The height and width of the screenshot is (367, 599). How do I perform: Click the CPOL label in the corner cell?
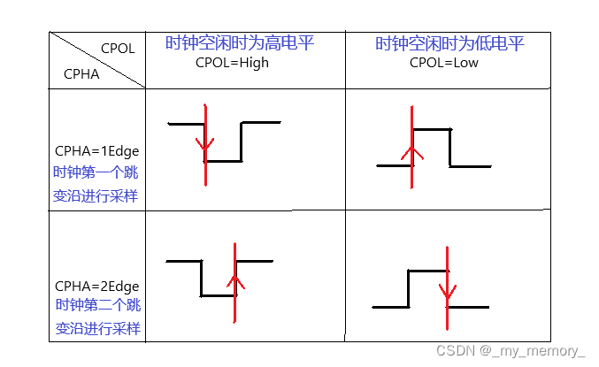point(118,49)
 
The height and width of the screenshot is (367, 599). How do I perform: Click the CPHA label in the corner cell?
point(81,74)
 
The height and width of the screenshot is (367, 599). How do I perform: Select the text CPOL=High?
point(232,63)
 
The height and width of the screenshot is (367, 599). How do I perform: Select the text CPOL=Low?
point(443,63)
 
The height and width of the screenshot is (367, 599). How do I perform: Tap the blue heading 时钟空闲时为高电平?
point(240,43)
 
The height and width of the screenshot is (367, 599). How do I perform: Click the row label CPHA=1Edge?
point(96,150)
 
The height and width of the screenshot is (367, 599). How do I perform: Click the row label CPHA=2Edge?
point(96,286)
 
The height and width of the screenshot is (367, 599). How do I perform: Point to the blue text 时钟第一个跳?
point(96,172)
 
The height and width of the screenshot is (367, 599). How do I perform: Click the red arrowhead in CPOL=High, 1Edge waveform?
point(204,143)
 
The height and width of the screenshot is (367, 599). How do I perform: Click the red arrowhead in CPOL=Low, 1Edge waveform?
point(411,152)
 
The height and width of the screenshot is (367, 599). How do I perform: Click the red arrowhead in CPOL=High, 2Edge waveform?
point(234,283)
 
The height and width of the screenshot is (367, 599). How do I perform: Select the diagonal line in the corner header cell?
point(97,60)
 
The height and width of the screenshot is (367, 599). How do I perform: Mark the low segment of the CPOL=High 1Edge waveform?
point(223,161)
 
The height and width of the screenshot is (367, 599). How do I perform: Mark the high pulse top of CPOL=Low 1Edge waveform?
point(431,130)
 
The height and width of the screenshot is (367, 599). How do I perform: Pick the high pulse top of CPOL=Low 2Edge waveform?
point(426,271)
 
